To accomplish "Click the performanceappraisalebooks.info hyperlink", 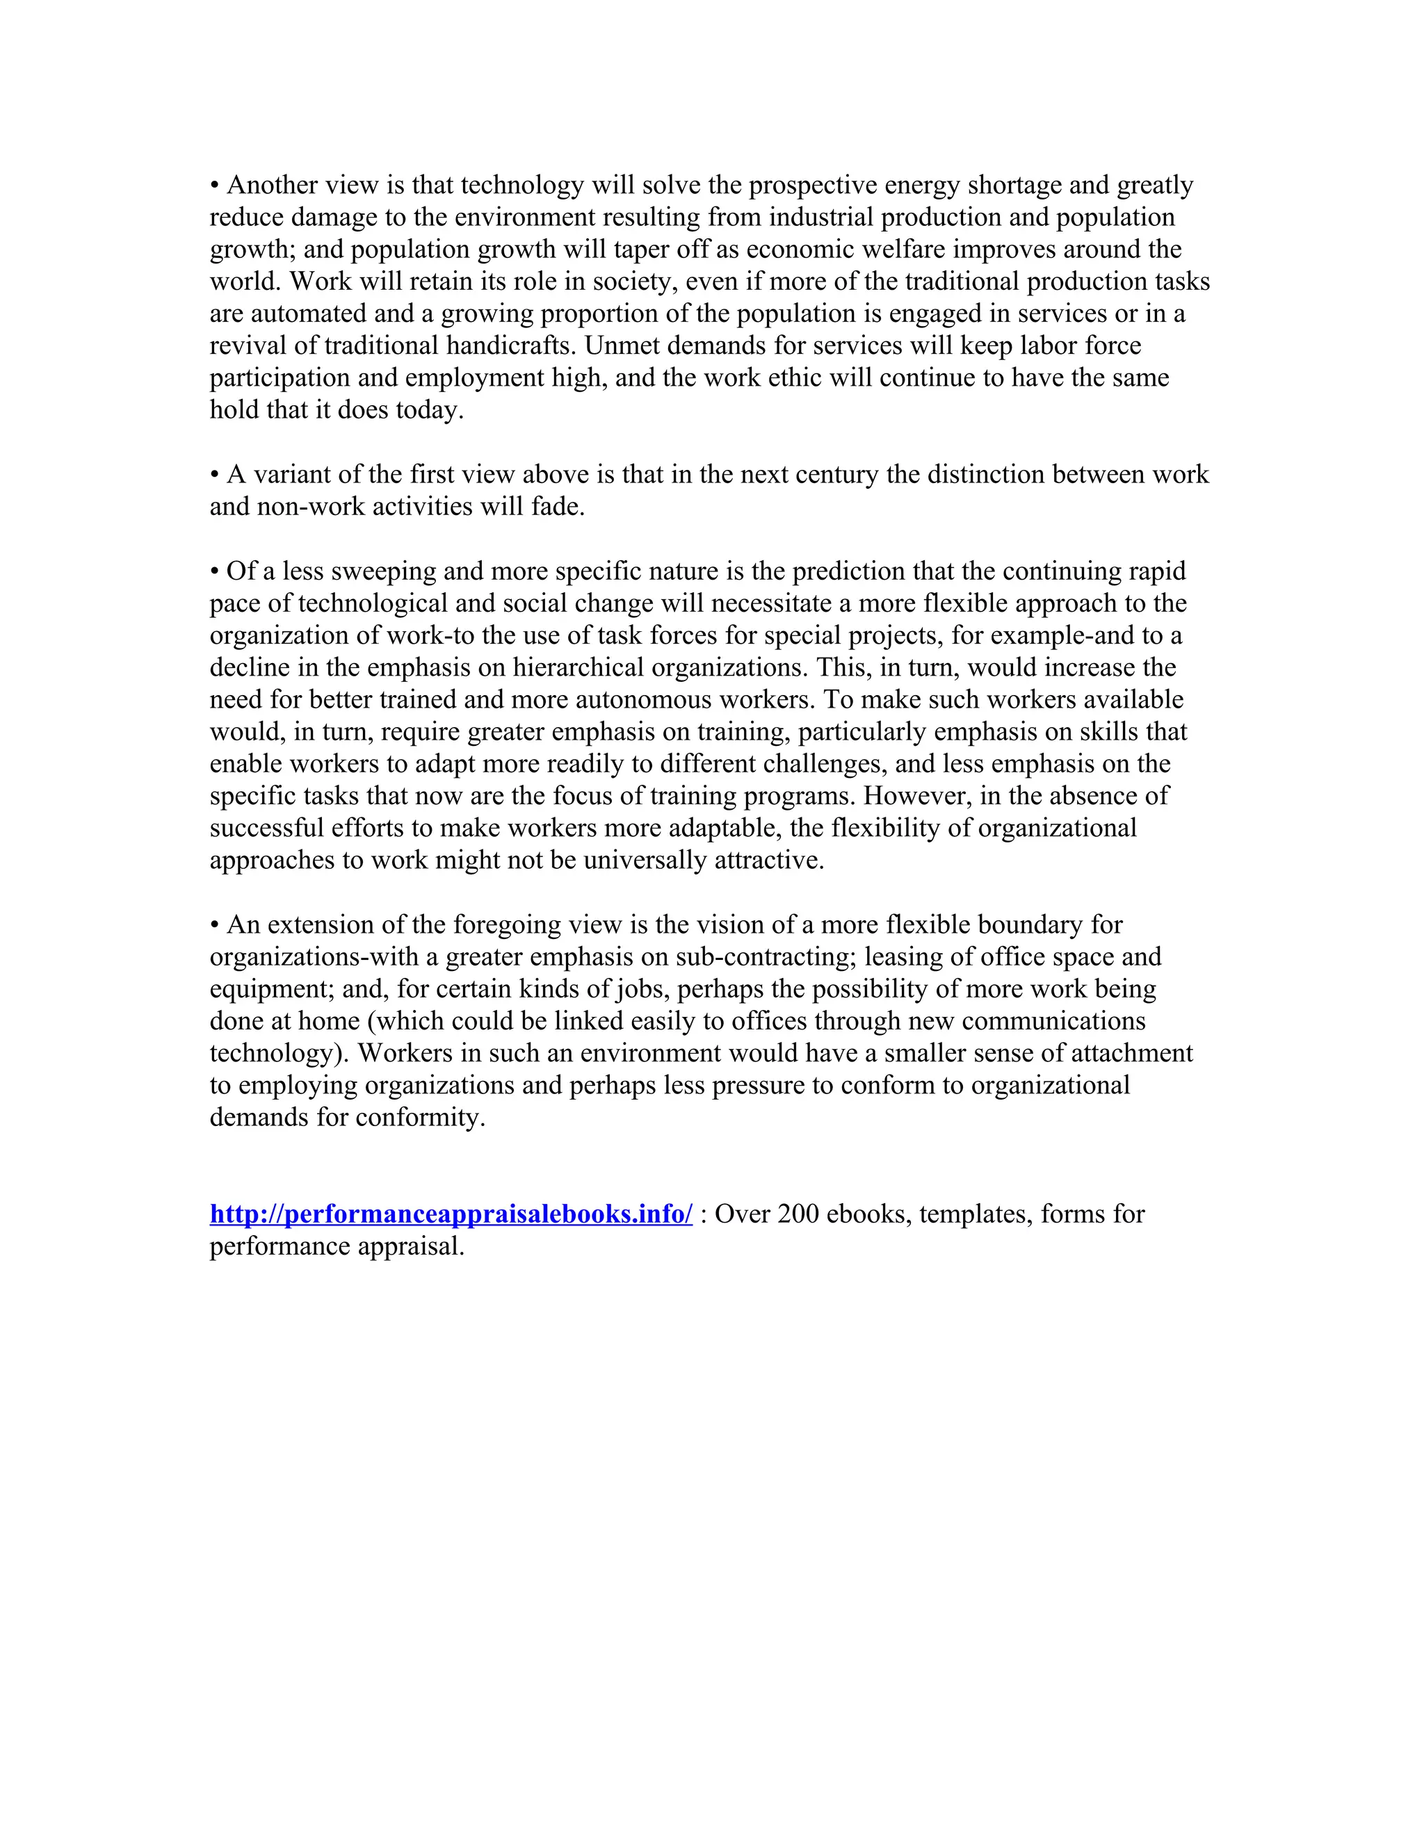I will click(451, 1214).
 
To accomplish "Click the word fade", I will click(558, 507).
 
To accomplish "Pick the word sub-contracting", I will click(765, 957).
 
